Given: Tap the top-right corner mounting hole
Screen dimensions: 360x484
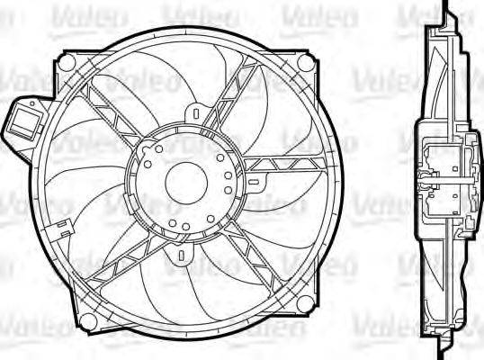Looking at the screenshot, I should [x=307, y=64].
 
